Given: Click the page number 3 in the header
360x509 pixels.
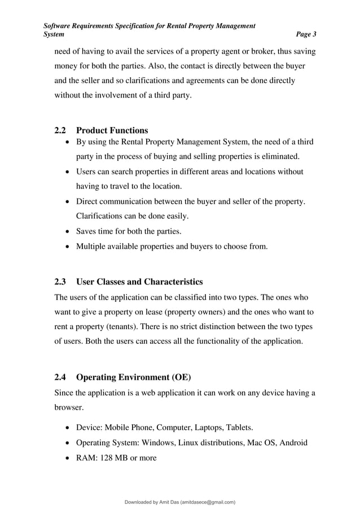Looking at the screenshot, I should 314,34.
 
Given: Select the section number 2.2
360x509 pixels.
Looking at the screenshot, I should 60,130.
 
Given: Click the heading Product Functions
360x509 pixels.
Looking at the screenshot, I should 112,130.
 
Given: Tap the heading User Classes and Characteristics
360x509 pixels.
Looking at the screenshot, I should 139,282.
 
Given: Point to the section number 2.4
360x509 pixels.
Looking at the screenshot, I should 60,376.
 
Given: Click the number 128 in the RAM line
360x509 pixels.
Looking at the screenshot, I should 108,458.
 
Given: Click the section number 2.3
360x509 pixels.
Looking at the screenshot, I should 60,282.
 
